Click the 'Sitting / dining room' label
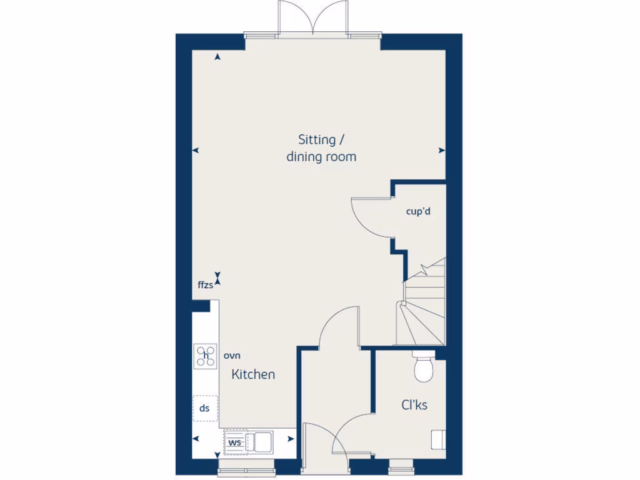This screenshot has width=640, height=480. pyautogui.click(x=321, y=148)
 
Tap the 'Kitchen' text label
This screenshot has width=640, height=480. pyautogui.click(x=253, y=374)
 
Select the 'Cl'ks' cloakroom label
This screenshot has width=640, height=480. pyautogui.click(x=414, y=405)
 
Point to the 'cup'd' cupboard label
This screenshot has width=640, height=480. pyautogui.click(x=418, y=211)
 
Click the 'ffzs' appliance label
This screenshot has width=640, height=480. pyautogui.click(x=206, y=285)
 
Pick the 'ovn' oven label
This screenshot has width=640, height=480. pyautogui.click(x=232, y=356)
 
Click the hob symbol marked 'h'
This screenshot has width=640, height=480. pyautogui.click(x=206, y=356)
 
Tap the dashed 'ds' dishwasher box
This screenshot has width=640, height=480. pyautogui.click(x=205, y=408)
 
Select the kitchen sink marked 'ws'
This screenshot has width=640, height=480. pyautogui.click(x=248, y=442)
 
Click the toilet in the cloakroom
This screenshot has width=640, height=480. pyautogui.click(x=424, y=367)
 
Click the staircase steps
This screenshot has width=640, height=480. pyautogui.click(x=422, y=312)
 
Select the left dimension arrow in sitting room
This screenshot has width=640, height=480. pyautogui.click(x=195, y=150)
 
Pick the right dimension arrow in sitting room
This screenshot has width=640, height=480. pyautogui.click(x=442, y=150)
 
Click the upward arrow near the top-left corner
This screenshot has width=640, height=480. pyautogui.click(x=217, y=57)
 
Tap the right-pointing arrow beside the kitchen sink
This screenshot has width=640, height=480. pyautogui.click(x=290, y=439)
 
